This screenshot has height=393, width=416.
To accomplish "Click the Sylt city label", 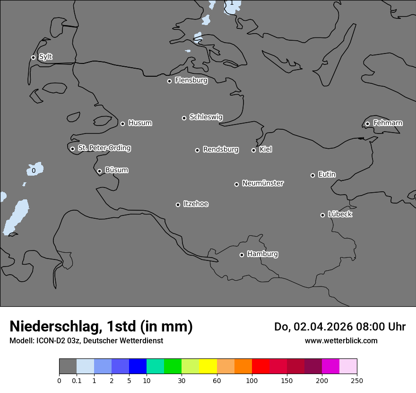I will (x=45, y=57).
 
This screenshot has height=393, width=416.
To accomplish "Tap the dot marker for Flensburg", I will (x=169, y=81).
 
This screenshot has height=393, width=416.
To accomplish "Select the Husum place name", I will (x=140, y=123).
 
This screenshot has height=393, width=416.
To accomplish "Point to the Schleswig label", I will (x=206, y=117).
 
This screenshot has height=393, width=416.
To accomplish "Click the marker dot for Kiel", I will (x=253, y=150).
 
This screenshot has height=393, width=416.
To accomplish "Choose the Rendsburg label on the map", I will (x=221, y=150).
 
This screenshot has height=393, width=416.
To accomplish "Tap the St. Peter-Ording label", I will (x=104, y=148).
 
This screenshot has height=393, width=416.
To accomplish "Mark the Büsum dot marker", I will (x=99, y=171).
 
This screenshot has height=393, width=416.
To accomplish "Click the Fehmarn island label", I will (x=388, y=123).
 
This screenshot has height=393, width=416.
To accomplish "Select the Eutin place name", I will (x=327, y=175).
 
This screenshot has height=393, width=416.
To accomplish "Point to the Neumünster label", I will (x=263, y=183).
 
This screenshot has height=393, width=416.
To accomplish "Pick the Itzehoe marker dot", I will (x=178, y=205).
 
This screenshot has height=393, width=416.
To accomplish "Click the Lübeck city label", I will (x=340, y=214).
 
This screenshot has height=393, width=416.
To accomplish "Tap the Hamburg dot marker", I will (x=242, y=255).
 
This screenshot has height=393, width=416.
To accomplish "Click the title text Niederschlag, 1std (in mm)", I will (x=101, y=327).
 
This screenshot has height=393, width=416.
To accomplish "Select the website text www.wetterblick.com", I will (x=341, y=341).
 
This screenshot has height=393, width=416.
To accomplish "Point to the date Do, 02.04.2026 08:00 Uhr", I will (x=340, y=327).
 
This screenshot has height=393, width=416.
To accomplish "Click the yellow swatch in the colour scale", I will (x=208, y=366).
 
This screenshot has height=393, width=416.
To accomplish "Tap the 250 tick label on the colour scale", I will (x=357, y=380).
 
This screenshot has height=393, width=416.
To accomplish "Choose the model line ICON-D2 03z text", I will (x=86, y=341).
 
